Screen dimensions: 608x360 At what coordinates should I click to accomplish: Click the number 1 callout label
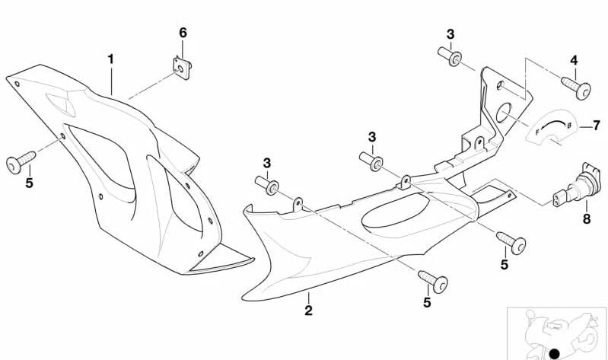(x=111, y=59)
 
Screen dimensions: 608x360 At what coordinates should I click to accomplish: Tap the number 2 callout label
(x=308, y=311)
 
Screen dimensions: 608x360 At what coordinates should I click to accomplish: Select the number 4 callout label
(x=574, y=60)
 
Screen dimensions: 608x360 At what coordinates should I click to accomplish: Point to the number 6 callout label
(x=183, y=33)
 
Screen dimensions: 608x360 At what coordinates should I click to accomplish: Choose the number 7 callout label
(x=596, y=126)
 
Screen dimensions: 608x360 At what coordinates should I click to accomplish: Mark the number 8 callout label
(x=587, y=218)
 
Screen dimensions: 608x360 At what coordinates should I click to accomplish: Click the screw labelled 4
(x=576, y=88)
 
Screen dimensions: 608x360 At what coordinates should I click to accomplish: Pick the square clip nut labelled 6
(x=182, y=68)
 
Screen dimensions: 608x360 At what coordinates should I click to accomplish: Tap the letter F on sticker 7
(x=537, y=132)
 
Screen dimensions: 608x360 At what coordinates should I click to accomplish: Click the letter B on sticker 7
(x=569, y=126)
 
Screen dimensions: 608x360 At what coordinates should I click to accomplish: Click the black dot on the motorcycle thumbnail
(x=555, y=353)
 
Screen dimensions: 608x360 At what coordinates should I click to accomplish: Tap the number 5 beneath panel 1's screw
(x=29, y=183)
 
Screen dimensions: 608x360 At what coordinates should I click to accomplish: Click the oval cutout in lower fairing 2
(x=395, y=212)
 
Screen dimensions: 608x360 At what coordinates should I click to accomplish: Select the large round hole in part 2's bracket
(x=504, y=113)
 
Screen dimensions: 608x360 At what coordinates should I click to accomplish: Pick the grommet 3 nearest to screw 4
(x=450, y=56)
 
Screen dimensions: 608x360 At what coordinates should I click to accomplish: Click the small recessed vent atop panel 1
(x=60, y=104)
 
